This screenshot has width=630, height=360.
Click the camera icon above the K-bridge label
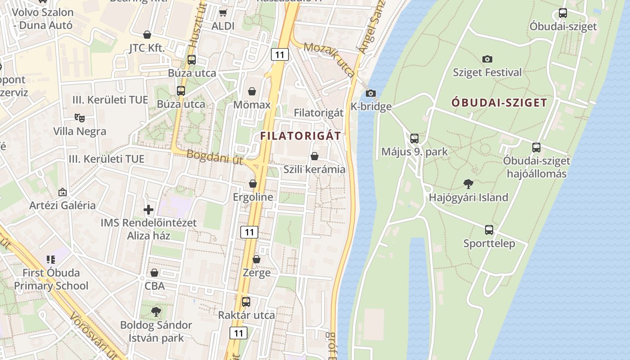(x=370, y=93)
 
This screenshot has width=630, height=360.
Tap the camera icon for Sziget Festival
(x=487, y=59)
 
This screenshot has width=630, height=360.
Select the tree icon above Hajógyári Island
(x=468, y=184)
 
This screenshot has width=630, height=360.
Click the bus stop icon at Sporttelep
(x=489, y=230)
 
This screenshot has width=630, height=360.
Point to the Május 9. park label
(x=414, y=152)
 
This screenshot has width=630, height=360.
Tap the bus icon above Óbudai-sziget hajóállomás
(x=536, y=147)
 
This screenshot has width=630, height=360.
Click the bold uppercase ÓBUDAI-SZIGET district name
(x=499, y=103)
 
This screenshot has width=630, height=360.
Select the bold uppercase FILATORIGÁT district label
(x=301, y=135)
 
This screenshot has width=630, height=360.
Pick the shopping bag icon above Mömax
(x=252, y=91)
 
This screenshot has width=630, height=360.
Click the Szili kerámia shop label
(x=315, y=169)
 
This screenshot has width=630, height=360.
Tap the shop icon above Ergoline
(x=253, y=184)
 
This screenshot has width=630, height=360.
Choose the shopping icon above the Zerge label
(x=256, y=259)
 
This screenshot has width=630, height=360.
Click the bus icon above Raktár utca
(x=246, y=301)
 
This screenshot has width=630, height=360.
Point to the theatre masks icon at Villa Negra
(x=80, y=117)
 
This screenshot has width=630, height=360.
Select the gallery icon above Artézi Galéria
(x=63, y=192)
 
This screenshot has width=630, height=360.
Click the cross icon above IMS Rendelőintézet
(x=148, y=209)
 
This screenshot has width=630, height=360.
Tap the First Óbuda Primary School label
(x=51, y=279)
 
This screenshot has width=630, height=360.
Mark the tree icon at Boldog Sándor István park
(x=156, y=311)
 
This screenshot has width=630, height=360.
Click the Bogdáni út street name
(x=215, y=157)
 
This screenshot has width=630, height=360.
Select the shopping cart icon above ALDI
(x=223, y=13)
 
